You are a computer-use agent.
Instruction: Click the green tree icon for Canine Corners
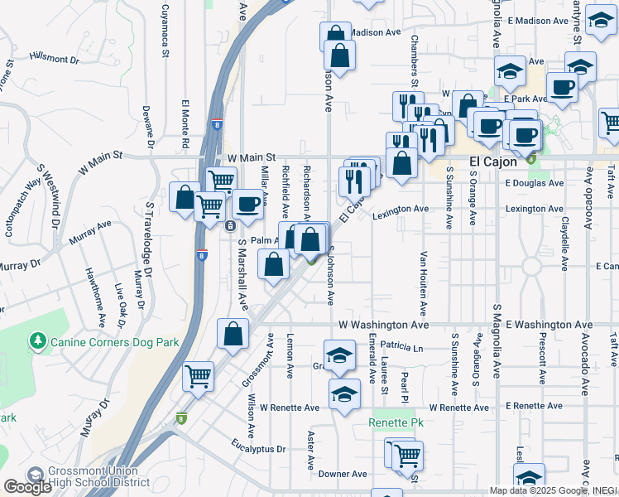point(36,340)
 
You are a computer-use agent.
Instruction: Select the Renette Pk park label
point(396,423)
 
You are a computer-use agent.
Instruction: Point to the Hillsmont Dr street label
point(54,59)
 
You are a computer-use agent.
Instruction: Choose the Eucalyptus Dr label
point(258,448)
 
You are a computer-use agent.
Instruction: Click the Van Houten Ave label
point(423,283)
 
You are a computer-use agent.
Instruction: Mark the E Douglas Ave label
point(534,183)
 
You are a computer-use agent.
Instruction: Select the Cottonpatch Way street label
point(23,208)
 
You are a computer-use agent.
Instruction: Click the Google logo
point(27,486)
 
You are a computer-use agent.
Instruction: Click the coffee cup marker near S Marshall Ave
point(247,204)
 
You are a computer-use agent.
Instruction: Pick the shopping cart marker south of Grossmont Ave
point(199,377)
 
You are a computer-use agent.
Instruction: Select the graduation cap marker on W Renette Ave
point(344,395)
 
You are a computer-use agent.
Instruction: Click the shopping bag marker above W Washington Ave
point(233,335)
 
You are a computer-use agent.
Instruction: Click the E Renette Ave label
point(538,407)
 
